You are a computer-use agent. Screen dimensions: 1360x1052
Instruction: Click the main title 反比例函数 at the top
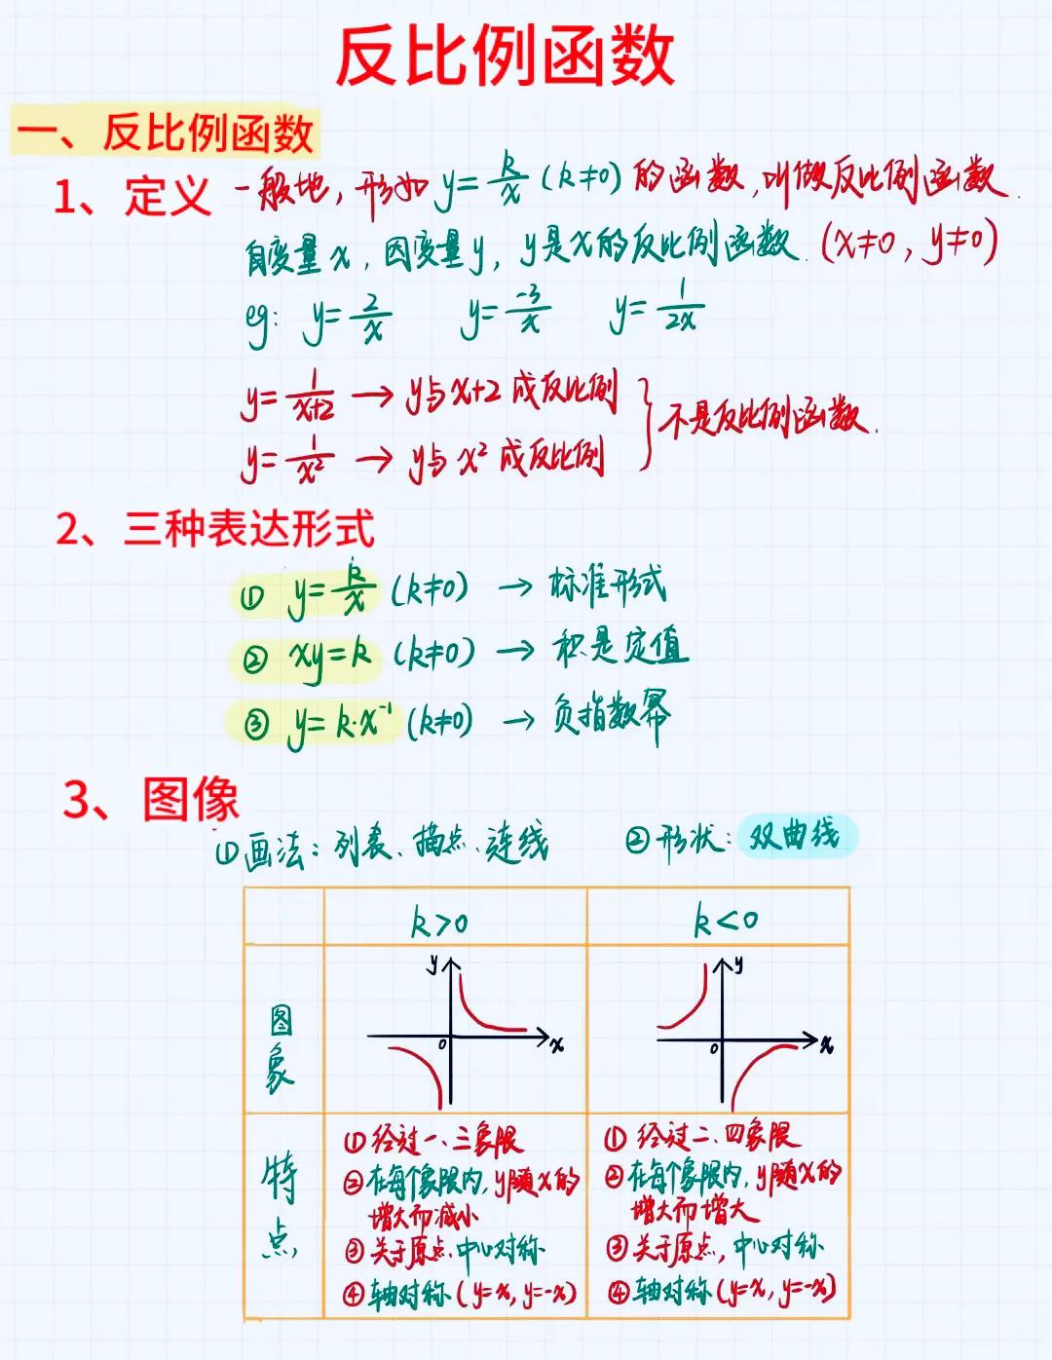tap(505, 57)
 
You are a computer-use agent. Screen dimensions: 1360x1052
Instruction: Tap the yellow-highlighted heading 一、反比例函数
tap(166, 132)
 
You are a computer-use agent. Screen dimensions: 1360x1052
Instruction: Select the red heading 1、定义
tap(132, 196)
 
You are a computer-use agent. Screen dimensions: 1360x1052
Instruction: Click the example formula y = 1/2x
tap(657, 309)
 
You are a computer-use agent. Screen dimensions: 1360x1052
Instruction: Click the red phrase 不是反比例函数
tap(766, 417)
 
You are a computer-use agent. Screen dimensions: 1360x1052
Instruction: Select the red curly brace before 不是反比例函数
tap(644, 422)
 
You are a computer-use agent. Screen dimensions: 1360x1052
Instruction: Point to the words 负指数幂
tap(612, 716)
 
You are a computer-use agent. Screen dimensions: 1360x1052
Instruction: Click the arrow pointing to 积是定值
tap(515, 650)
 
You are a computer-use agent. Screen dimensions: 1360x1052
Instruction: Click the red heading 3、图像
tap(151, 799)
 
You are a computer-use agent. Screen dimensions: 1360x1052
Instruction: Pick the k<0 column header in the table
tap(725, 920)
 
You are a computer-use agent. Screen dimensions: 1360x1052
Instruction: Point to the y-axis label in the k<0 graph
tap(738, 964)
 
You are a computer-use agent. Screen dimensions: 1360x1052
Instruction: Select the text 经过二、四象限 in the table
tap(701, 1137)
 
